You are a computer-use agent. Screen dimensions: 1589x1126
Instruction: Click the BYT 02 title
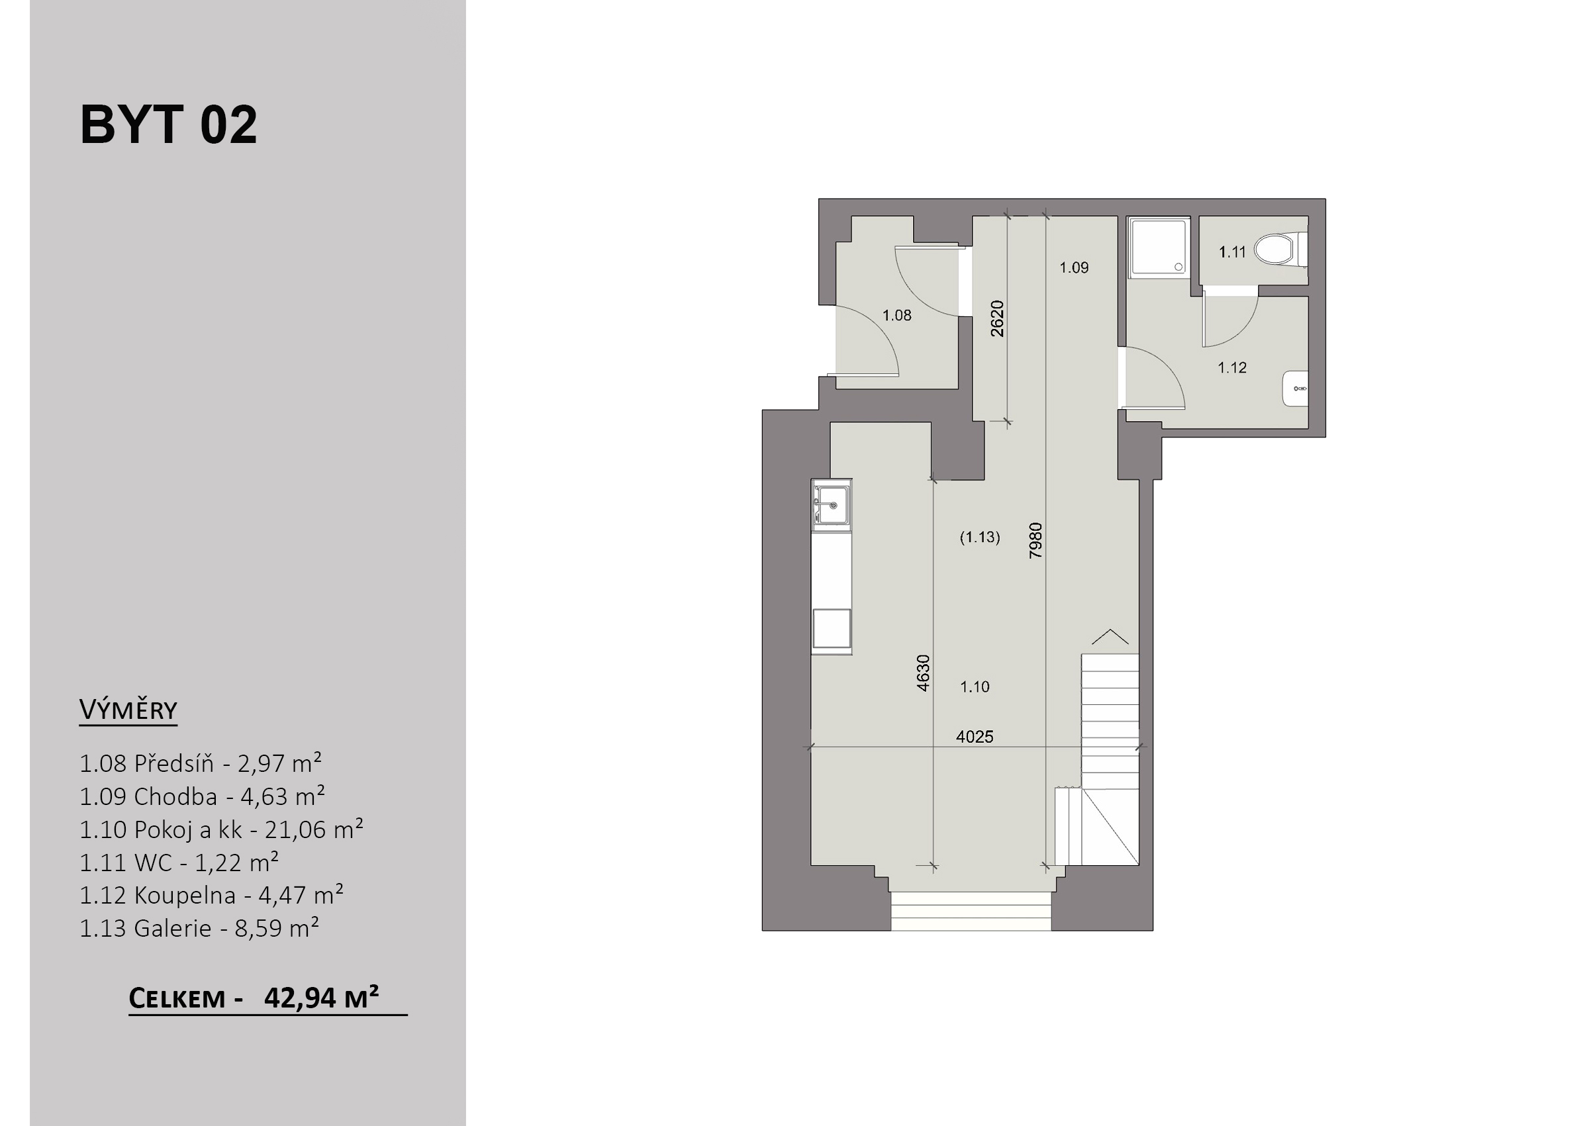pyautogui.click(x=168, y=125)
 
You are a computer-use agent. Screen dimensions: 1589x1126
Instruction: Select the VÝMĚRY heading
pyautogui.click(x=128, y=710)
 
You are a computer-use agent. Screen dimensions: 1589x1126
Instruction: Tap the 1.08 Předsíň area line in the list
pyautogui.click(x=201, y=763)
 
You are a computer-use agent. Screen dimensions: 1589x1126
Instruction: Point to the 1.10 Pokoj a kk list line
pyautogui.click(x=221, y=829)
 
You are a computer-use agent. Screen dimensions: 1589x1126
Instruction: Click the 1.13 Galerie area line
pyautogui.click(x=199, y=927)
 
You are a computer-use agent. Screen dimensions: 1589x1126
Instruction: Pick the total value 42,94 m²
pyautogui.click(x=322, y=997)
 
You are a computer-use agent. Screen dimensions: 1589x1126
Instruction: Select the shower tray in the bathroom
pyautogui.click(x=1159, y=248)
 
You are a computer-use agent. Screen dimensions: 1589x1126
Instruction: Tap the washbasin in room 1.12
pyautogui.click(x=1296, y=389)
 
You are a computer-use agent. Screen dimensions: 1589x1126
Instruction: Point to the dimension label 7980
pyautogui.click(x=1035, y=540)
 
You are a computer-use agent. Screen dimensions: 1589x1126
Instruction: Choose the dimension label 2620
pyautogui.click(x=997, y=318)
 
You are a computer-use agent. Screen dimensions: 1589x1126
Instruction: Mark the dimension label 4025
pyautogui.click(x=975, y=737)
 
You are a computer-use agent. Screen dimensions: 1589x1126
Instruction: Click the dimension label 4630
pyautogui.click(x=923, y=673)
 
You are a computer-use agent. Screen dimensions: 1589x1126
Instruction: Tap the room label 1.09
pyautogui.click(x=1074, y=267)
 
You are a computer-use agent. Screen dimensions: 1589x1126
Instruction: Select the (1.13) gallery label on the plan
pyautogui.click(x=980, y=537)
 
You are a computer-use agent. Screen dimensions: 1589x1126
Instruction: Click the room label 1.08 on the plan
pyautogui.click(x=896, y=316)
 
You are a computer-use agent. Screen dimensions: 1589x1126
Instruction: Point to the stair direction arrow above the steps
pyautogui.click(x=1110, y=637)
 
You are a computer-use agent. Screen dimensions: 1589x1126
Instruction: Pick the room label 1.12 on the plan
pyautogui.click(x=1232, y=367)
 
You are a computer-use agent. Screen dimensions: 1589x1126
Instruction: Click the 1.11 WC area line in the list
pyautogui.click(x=179, y=863)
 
